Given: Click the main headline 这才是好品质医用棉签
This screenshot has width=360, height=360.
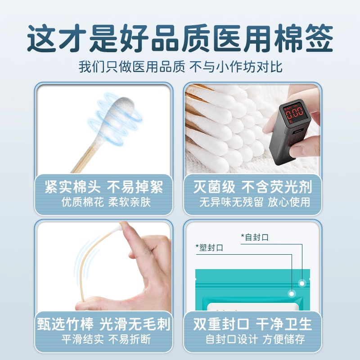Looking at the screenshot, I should click(180, 38).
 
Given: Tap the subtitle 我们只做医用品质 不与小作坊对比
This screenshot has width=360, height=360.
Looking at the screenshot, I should click(180, 68).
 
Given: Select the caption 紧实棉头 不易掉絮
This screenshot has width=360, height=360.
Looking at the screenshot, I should click(103, 187).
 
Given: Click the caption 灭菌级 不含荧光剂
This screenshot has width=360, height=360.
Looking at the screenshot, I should click(252, 187).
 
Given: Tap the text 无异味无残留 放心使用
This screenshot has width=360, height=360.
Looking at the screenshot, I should click(255, 202).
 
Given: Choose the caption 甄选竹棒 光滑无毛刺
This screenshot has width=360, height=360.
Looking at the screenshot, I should click(103, 324).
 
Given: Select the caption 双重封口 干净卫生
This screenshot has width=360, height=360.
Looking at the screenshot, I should click(252, 324).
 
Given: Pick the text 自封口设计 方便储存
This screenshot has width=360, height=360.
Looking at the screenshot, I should click(252, 339).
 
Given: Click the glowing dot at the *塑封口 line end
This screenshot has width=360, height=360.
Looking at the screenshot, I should click(292, 293).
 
